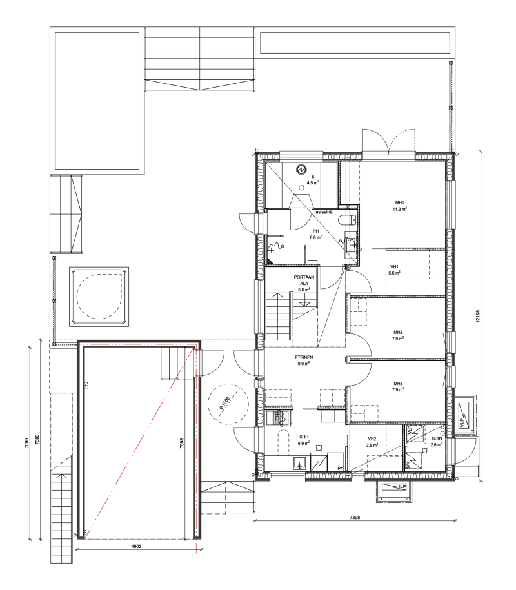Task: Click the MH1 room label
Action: (x=395, y=203)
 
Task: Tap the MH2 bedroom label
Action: (x=398, y=332)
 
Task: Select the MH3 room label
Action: (x=398, y=384)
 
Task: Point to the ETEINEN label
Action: (x=304, y=357)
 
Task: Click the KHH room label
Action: (x=304, y=437)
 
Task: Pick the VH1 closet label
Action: (x=395, y=267)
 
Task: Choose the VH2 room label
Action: (x=372, y=438)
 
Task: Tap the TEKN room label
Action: (x=437, y=438)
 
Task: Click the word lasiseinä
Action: (x=324, y=212)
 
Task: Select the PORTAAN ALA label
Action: (x=304, y=280)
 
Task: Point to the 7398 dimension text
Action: (x=355, y=517)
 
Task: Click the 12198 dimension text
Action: (x=477, y=316)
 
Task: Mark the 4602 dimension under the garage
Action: (x=136, y=546)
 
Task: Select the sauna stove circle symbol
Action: (x=301, y=170)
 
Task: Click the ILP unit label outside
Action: (x=402, y=487)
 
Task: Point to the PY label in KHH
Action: (x=341, y=469)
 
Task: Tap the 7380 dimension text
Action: (x=37, y=440)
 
